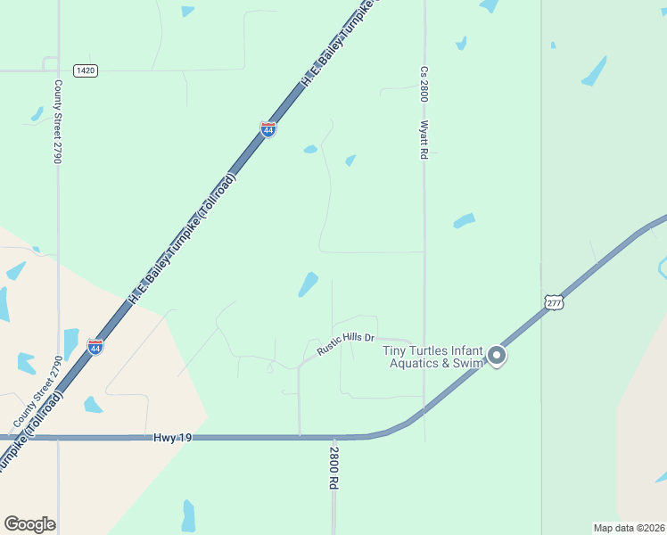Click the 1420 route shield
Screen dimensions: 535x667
86,70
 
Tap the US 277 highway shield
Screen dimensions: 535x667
553,303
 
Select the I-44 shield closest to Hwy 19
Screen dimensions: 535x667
95,345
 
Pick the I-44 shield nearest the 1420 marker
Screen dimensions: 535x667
268,129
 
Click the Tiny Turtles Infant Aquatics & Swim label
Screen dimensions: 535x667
433,357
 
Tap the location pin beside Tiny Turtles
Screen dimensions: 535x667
497,357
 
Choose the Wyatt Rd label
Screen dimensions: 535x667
424,140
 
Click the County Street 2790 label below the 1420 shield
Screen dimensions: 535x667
58,121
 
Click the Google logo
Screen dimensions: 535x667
29,524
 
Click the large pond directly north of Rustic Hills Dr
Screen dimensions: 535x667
308,284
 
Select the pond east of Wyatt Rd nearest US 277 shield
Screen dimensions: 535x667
464,220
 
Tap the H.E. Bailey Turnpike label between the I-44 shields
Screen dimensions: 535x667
182,239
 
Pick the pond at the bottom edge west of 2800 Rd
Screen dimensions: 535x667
188,515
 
